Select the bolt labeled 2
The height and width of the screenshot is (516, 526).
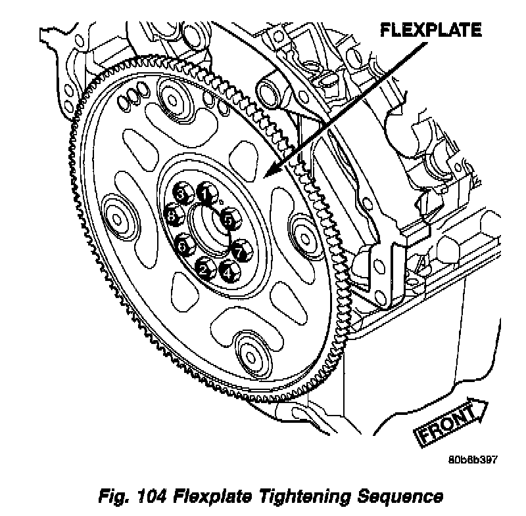pyautogui.click(x=204, y=269)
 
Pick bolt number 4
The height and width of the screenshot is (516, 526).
pyautogui.click(x=228, y=270)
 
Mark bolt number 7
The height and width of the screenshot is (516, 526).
pyautogui.click(x=240, y=250)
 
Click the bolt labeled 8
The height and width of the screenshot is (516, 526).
pyautogui.click(x=174, y=215)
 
